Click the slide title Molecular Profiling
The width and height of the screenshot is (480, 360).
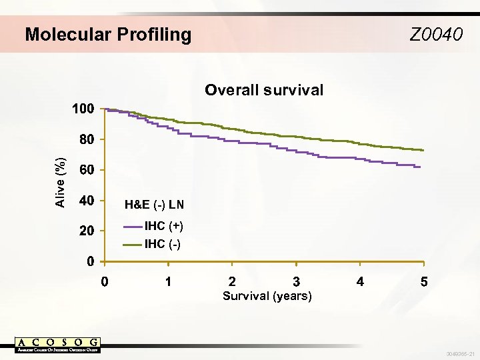pos(108,34)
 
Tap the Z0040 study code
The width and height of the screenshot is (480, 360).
pos(436,34)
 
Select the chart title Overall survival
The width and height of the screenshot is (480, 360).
pos(264,90)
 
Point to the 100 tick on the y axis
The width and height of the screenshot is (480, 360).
pos(83,109)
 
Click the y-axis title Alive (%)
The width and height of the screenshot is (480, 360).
pos(61,181)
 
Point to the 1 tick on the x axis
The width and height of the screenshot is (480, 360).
pos(169,282)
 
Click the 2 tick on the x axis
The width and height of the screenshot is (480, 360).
pos(232,282)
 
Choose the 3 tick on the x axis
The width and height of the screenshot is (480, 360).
pos(296,282)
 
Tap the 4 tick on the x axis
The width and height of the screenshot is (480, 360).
pos(360,282)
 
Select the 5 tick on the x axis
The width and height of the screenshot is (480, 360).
pos(424,282)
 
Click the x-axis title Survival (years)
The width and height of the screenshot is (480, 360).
pos(267,296)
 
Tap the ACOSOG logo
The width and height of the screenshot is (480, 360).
pos(58,345)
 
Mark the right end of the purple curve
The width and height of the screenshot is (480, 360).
pos(420,167)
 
